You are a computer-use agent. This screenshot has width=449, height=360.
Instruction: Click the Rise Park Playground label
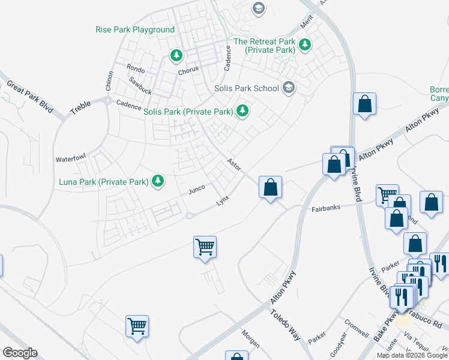[x=135, y=29]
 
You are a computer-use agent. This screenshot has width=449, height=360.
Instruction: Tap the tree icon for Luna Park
[x=158, y=181]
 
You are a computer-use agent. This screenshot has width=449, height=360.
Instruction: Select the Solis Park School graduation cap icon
[x=289, y=88]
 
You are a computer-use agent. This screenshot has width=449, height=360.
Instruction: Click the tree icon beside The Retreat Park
[x=305, y=44]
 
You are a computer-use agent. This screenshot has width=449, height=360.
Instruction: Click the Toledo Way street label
[x=285, y=325]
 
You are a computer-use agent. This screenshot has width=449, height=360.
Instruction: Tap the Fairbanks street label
[x=326, y=208]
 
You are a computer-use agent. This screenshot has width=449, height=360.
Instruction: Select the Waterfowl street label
[x=71, y=159]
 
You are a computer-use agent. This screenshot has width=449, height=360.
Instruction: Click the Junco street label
[x=197, y=190]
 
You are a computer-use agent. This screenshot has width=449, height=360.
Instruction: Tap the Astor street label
[x=234, y=163]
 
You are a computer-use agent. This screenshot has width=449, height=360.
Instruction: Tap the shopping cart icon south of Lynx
[x=205, y=246]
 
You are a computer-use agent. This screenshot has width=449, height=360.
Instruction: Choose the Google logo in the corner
[x=20, y=353]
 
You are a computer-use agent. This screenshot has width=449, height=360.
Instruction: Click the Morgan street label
[x=250, y=339]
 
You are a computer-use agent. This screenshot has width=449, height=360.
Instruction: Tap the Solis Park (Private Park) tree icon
[x=243, y=110]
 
